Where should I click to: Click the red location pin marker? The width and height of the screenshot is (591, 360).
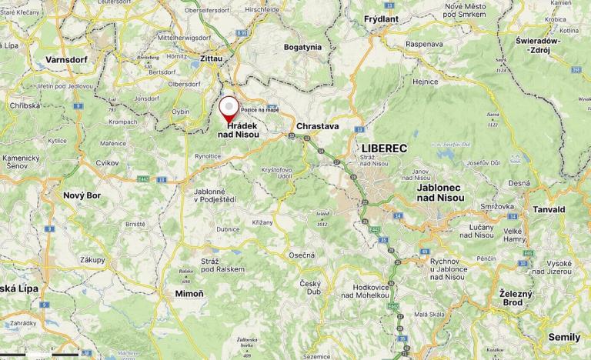(229, 108)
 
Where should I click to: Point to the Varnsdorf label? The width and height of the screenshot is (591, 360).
(66, 58)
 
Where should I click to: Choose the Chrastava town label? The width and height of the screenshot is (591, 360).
(317, 126)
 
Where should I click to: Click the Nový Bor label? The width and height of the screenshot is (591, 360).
(82, 195)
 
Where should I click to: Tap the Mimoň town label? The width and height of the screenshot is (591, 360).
(190, 294)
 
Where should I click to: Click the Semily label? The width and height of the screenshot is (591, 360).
(564, 337)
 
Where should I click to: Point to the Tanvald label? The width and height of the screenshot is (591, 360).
(549, 209)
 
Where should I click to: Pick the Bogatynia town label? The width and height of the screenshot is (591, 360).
(302, 47)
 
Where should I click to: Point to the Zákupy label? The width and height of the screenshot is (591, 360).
(92, 260)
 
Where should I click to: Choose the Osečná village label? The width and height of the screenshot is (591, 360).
(302, 255)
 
